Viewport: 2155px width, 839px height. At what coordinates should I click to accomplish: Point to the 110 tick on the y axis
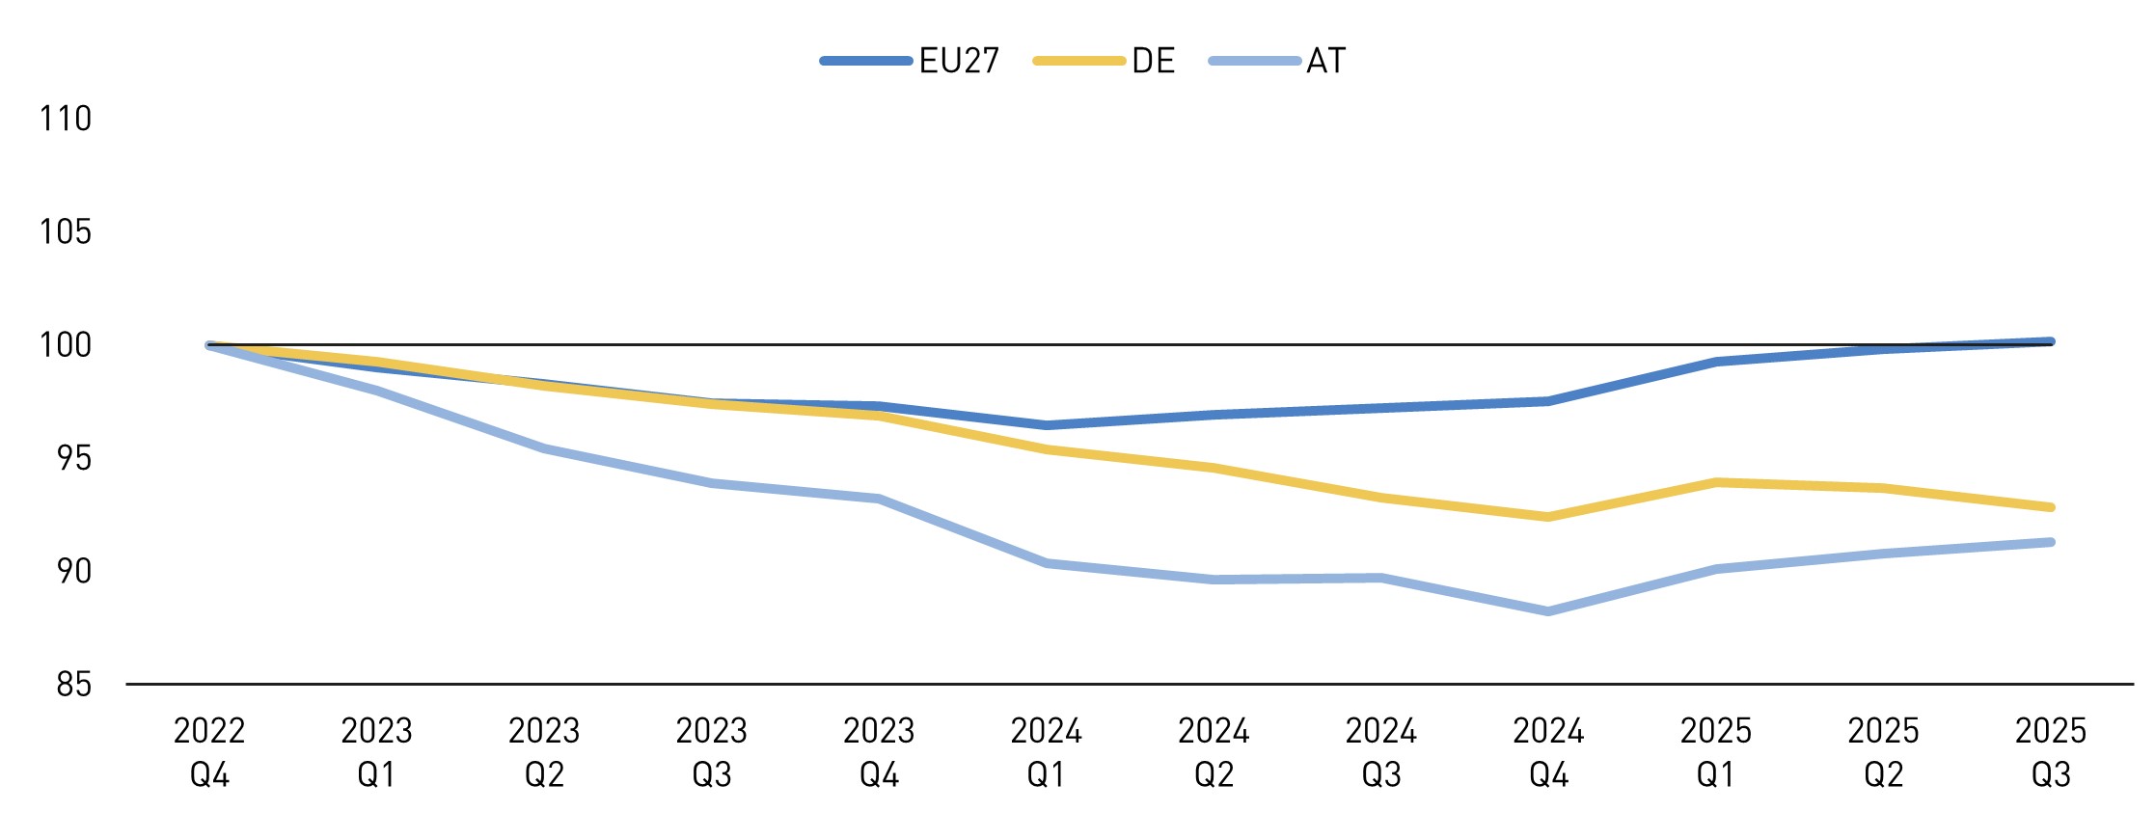pos(65,119)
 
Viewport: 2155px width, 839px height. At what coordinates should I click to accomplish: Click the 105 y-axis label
pos(65,231)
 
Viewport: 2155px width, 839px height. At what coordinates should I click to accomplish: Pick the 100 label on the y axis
pos(65,345)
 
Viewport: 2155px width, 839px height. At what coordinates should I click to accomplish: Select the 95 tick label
pos(72,458)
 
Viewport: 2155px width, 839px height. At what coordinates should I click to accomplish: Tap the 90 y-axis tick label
pos(72,571)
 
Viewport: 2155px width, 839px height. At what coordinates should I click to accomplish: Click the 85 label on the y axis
pos(72,685)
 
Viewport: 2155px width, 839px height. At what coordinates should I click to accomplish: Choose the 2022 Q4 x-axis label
pos(209,752)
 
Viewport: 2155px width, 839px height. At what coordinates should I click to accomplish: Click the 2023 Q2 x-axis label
pos(544,752)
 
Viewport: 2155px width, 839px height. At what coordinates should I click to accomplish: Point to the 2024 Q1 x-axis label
pos(1046,752)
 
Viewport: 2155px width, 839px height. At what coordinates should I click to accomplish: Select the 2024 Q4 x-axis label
pos(1548,752)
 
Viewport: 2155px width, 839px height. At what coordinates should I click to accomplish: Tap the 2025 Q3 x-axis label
pos(2050,752)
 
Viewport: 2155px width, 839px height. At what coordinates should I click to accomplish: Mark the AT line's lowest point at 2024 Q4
pos(1548,611)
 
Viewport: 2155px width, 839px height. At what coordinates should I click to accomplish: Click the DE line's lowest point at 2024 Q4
pos(1548,517)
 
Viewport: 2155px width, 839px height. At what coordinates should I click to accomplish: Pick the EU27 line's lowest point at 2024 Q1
pos(1046,425)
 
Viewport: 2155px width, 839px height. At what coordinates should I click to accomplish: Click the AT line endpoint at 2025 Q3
pos(2050,542)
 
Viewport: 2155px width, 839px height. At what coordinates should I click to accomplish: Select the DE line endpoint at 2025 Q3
pos(2050,507)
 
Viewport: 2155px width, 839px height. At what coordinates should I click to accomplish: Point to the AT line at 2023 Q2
pos(544,448)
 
